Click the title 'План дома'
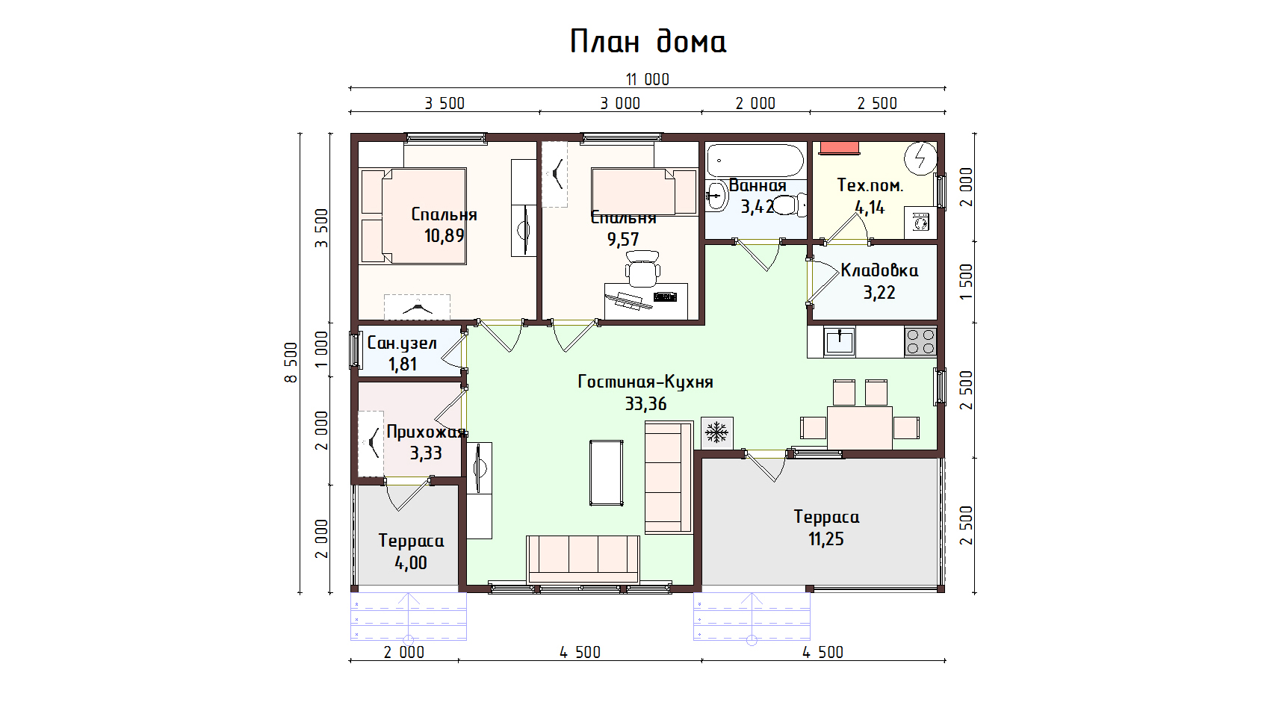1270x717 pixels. [648, 42]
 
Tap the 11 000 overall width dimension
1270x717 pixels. [647, 79]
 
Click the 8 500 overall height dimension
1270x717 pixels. [291, 363]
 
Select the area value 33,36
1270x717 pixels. [645, 404]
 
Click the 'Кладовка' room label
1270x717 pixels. [879, 270]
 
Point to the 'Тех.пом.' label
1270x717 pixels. [870, 185]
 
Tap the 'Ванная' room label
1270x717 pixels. [758, 186]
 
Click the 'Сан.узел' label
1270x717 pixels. [402, 344]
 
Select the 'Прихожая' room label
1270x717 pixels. [426, 432]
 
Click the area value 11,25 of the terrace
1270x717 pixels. [825, 539]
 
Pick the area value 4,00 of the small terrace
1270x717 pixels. [411, 563]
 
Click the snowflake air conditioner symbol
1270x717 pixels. [716, 432]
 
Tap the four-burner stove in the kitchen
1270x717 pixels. [920, 342]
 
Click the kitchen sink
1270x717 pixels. [840, 342]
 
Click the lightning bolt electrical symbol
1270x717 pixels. [920, 158]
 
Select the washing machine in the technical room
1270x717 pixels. [921, 222]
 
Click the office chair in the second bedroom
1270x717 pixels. [642, 269]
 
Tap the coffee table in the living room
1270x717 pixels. [606, 473]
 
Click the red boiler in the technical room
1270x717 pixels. [840, 147]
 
